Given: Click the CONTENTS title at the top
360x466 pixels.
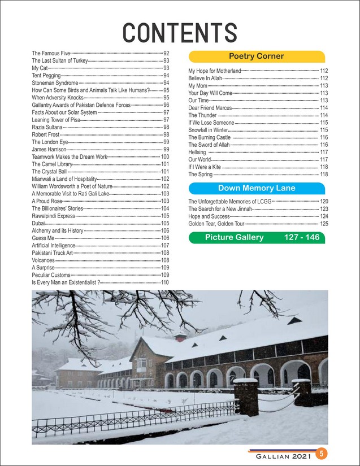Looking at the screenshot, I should [180, 33].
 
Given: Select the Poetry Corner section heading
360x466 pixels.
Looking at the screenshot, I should [256, 56].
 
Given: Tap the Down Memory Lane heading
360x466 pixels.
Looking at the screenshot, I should [256, 188].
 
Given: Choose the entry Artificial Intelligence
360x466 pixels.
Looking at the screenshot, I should [53, 246].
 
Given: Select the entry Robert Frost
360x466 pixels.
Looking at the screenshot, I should [45, 134].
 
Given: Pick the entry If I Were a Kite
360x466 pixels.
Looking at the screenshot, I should [205, 167].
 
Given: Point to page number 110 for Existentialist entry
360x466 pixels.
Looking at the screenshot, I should [165, 282].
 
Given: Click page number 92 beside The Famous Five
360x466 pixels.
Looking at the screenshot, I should [166, 53].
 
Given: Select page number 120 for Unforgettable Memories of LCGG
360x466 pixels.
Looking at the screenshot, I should [324, 202].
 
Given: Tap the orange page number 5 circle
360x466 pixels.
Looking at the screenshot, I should [320, 453].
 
